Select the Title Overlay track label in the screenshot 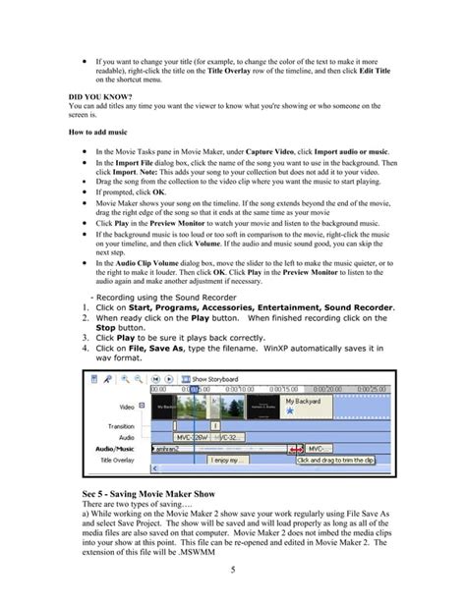pyautogui.click(x=121, y=459)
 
